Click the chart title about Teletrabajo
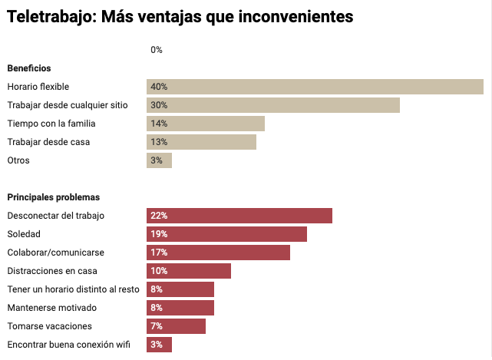[180, 16]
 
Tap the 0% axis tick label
[157, 50]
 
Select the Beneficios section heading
[29, 68]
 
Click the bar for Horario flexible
[315, 87]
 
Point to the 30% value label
[159, 105]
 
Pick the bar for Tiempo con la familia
[206, 124]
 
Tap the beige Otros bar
[159, 160]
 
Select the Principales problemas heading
[53, 197]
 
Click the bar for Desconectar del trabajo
[239, 216]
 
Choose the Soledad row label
[24, 234]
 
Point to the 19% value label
[159, 234]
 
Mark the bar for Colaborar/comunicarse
[218, 253]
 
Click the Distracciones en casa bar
[189, 271]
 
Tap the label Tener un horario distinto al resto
[74, 289]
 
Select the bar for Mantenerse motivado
[180, 308]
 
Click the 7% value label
[157, 326]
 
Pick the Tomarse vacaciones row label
[49, 326]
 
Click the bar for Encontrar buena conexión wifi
[159, 345]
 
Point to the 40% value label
[159, 87]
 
